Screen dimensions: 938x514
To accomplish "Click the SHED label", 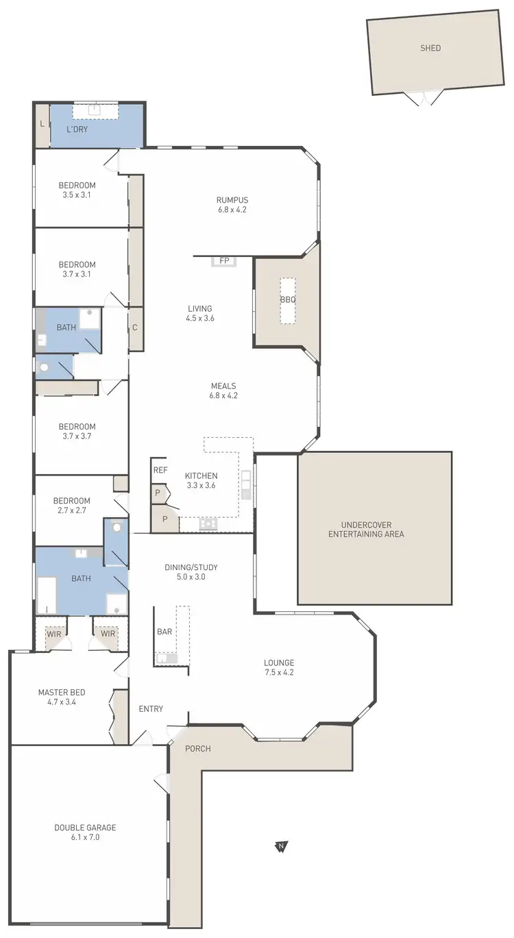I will click(x=430, y=48).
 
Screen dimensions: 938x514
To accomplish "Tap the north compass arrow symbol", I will click(x=281, y=847).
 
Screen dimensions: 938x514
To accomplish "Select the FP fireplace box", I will click(x=223, y=261).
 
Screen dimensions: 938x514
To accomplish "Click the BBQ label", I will click(x=287, y=300).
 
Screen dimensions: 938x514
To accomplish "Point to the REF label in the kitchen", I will click(x=160, y=470).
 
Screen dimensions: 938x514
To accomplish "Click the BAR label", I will click(x=164, y=632).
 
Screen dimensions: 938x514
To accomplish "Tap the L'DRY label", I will click(x=77, y=129).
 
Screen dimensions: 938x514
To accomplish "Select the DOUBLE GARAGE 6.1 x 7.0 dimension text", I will click(x=86, y=837).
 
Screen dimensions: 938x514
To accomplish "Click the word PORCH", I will click(x=198, y=748).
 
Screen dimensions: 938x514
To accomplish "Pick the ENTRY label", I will click(x=151, y=708).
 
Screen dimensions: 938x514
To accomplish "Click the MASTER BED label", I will click(x=62, y=693).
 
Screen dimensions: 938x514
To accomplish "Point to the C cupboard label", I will click(x=135, y=328).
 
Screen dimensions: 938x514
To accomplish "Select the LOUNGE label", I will click(x=279, y=663).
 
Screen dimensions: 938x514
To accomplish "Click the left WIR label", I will click(x=53, y=634).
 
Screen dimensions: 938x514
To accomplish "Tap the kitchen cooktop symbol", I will click(x=208, y=524).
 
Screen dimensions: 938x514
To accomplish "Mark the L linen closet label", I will click(x=42, y=123).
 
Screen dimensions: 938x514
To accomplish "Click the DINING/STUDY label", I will click(x=185, y=567).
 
